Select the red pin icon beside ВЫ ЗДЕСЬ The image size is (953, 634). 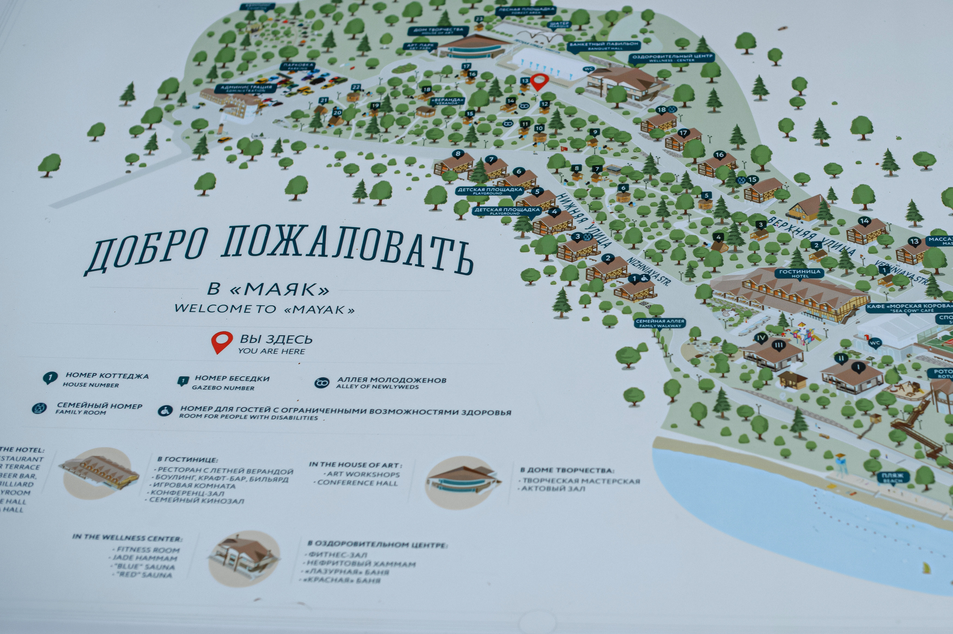[x=221, y=342]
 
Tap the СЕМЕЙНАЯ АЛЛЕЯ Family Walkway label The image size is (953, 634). [x=660, y=323]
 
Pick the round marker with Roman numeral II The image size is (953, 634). [x=841, y=358]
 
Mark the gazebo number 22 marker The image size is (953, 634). [x=356, y=87]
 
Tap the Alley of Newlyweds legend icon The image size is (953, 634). [x=322, y=382]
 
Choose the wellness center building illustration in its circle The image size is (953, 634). [x=243, y=558]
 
